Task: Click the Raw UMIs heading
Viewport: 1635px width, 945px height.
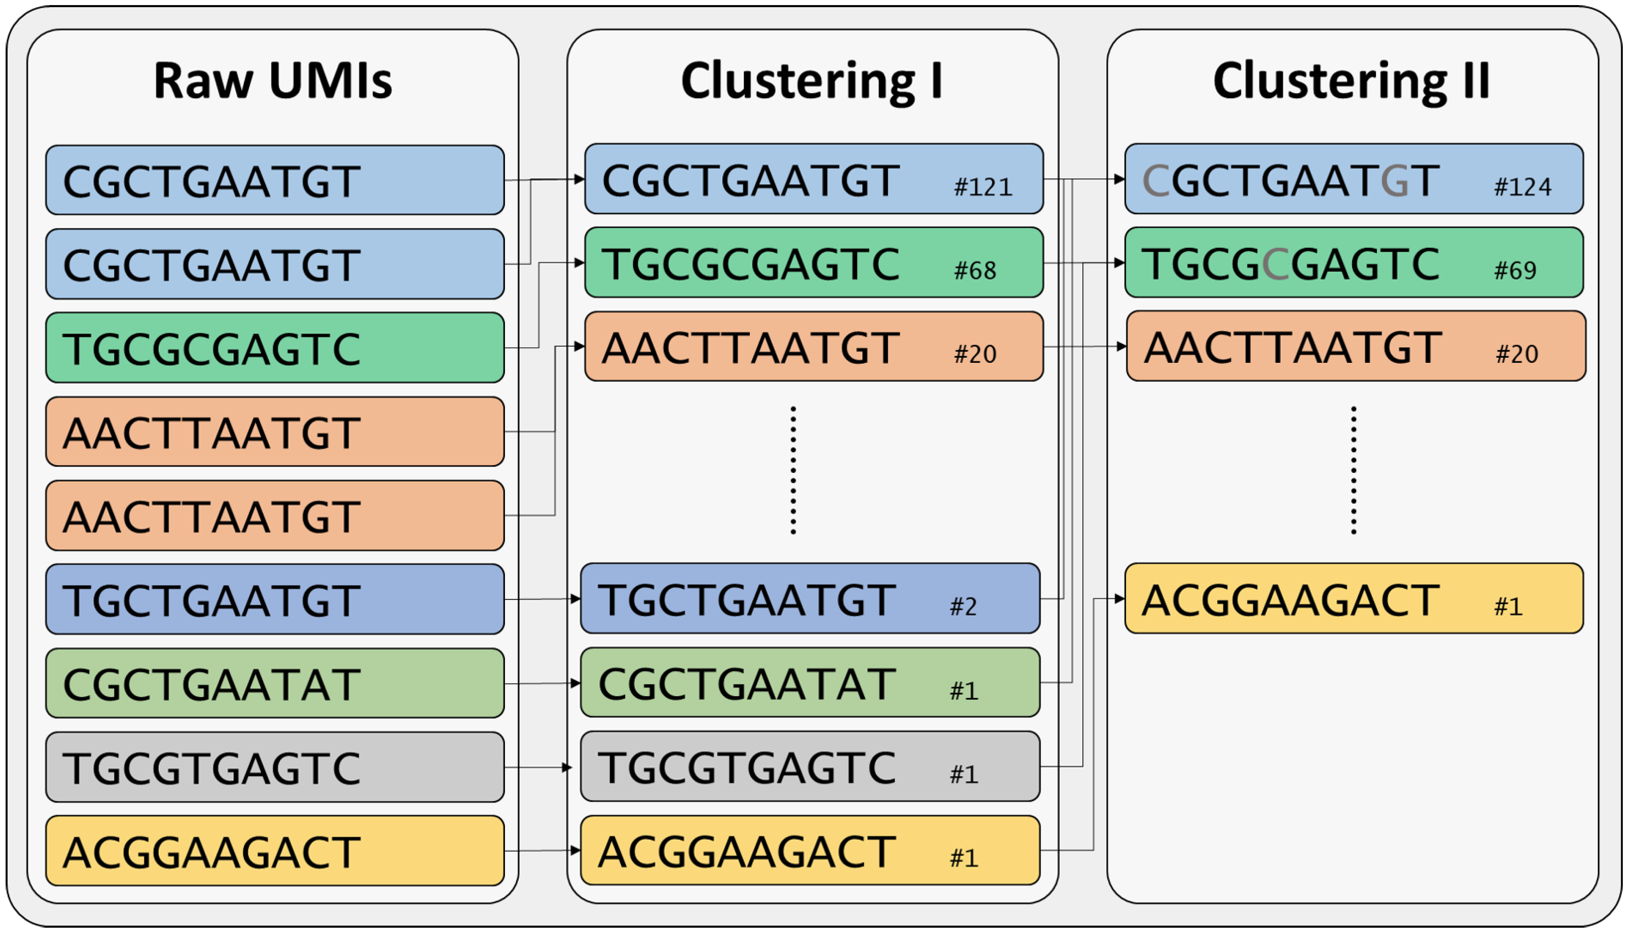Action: [272, 81]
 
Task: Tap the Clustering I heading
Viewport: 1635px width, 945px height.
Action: [812, 81]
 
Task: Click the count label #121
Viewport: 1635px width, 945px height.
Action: [982, 187]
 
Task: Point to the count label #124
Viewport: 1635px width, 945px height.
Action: [1522, 187]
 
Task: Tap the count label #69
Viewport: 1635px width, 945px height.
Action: [1514, 270]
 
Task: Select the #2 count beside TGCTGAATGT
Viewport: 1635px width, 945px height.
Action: [963, 607]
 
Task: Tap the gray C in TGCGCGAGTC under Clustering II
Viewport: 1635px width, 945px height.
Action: [1276, 264]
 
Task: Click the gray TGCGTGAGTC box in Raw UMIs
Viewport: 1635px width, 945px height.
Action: [274, 767]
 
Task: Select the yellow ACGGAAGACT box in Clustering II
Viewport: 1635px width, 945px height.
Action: [1354, 598]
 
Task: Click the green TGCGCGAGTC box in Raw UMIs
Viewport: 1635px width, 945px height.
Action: [274, 348]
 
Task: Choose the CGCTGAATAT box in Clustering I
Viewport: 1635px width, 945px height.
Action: [810, 682]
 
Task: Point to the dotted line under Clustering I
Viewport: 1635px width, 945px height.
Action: [793, 470]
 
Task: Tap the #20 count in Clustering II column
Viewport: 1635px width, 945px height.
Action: [1516, 354]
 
